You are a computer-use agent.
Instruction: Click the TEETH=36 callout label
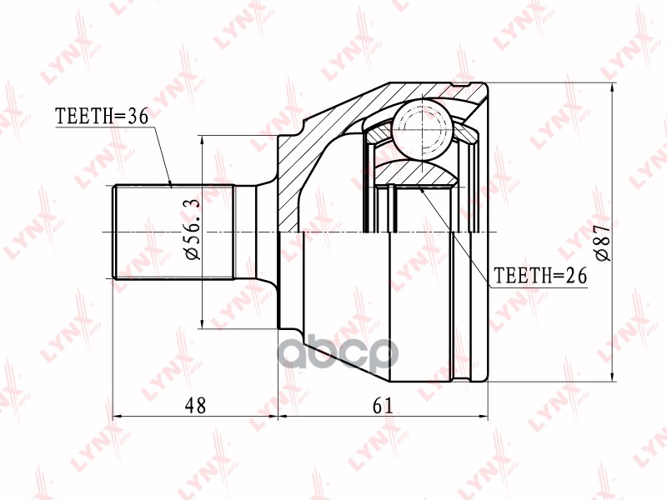pyautogui.click(x=101, y=117)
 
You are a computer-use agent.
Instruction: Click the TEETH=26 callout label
pyautogui.click(x=541, y=275)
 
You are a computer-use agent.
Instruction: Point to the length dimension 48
pyautogui.click(x=195, y=405)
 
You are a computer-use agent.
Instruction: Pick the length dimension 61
pyautogui.click(x=383, y=405)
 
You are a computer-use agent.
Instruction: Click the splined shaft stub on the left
pyautogui.click(x=173, y=232)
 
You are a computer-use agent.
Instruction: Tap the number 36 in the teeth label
pyautogui.click(x=137, y=117)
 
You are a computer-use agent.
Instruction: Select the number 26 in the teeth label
pyautogui.click(x=577, y=275)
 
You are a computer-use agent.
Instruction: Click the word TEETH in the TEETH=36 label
pyautogui.click(x=83, y=117)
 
